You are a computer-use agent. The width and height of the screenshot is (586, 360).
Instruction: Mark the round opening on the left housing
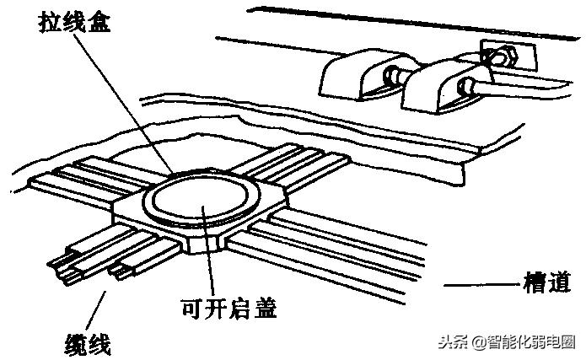(x=390, y=77)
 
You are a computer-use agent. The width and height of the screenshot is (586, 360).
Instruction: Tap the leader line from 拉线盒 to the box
(x=126, y=101)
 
